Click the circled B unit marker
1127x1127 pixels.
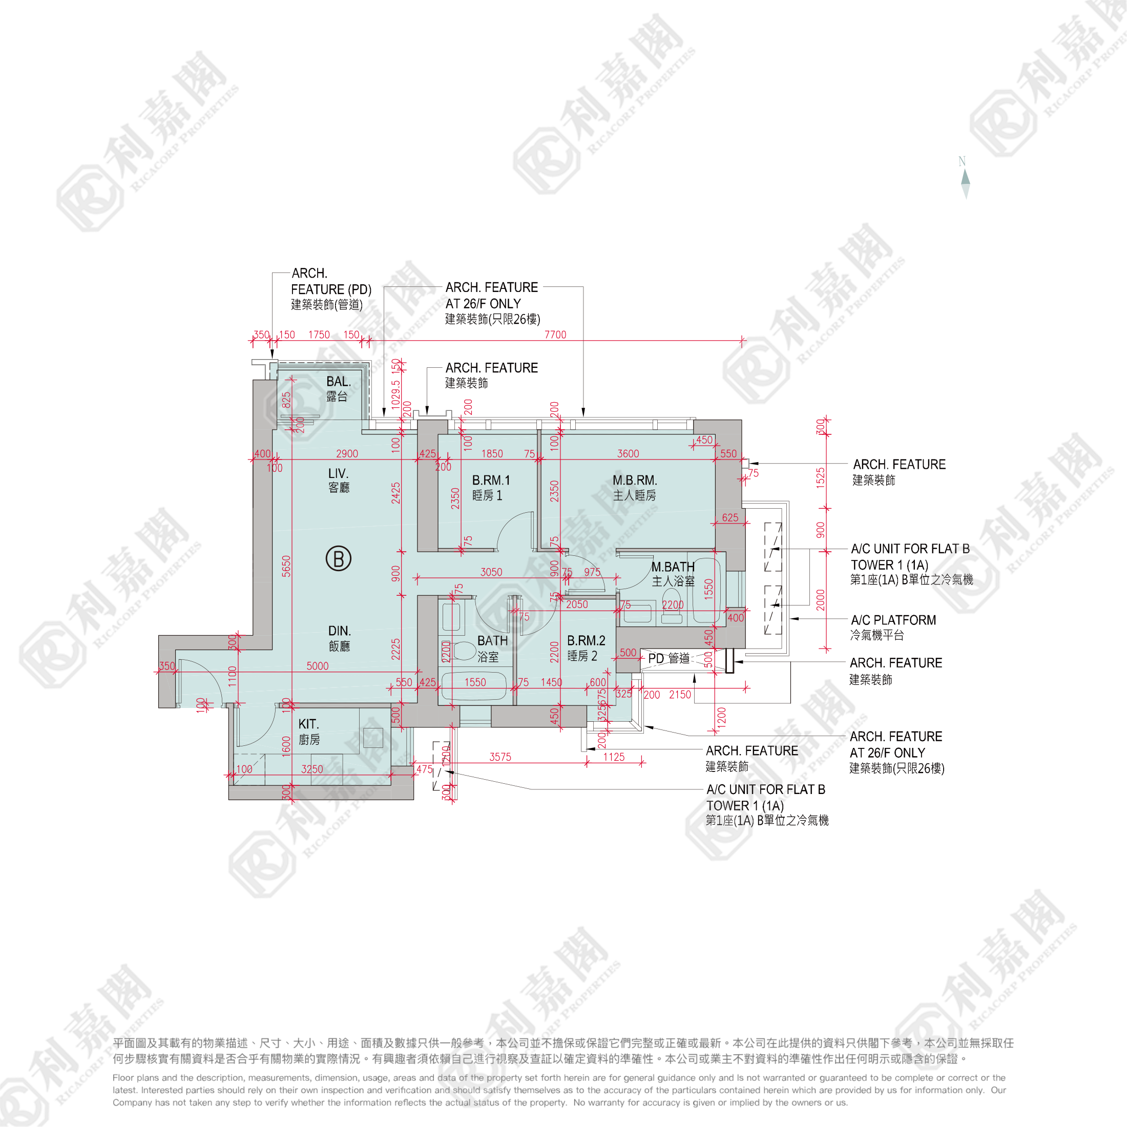(x=338, y=558)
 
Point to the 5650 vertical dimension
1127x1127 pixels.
(x=286, y=566)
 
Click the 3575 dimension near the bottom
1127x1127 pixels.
(x=500, y=757)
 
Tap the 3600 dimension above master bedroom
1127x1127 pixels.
(x=628, y=453)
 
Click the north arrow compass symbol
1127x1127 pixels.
(x=966, y=178)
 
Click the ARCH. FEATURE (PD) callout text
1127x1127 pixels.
(x=330, y=289)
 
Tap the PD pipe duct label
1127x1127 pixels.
(x=669, y=658)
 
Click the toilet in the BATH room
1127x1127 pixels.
(x=464, y=651)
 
